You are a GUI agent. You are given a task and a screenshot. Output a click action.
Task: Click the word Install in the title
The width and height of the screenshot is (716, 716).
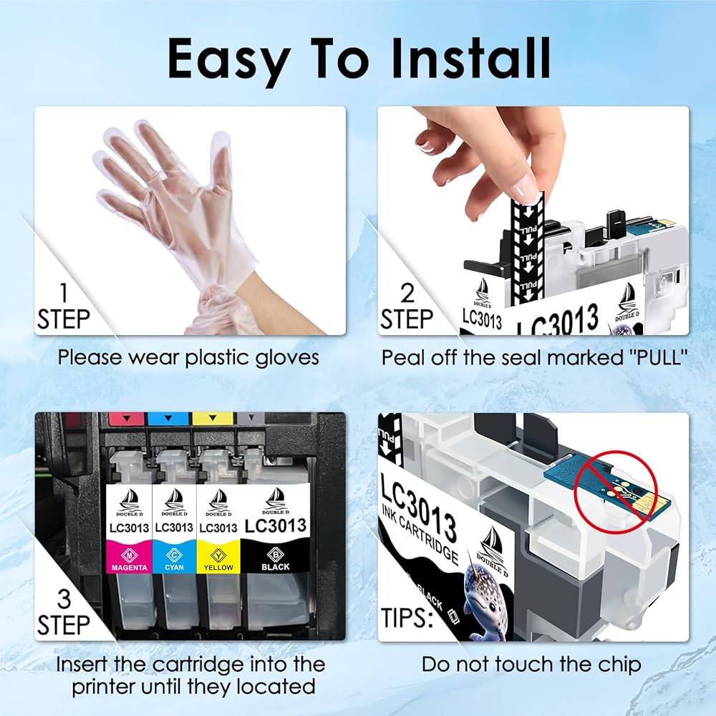pos(471,58)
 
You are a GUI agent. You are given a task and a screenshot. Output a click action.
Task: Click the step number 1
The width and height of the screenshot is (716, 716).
pos(64,293)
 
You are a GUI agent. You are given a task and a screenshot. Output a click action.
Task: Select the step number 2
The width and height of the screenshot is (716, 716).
pos(407,293)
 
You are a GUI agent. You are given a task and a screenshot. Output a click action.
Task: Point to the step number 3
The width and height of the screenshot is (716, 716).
pos(64,599)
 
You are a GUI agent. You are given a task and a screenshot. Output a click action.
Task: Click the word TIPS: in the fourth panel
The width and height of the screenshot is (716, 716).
pos(407,617)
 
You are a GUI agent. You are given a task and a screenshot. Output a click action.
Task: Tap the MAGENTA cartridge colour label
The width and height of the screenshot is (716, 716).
pos(130,567)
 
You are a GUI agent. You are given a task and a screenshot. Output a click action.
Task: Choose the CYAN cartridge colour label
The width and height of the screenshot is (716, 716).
pos(174,567)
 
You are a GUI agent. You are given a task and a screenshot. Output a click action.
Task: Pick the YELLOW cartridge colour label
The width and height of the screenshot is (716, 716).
pos(218,567)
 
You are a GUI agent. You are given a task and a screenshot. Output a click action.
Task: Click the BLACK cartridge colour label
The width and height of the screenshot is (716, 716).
pos(276,566)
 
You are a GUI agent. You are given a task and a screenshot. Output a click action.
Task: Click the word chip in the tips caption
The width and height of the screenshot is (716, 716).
pos(621,665)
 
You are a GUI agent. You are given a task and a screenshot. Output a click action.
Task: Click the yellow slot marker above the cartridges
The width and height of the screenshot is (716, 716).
pos(211,418)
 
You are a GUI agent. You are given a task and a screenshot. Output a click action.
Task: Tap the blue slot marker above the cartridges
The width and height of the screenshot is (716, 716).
pos(168,418)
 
